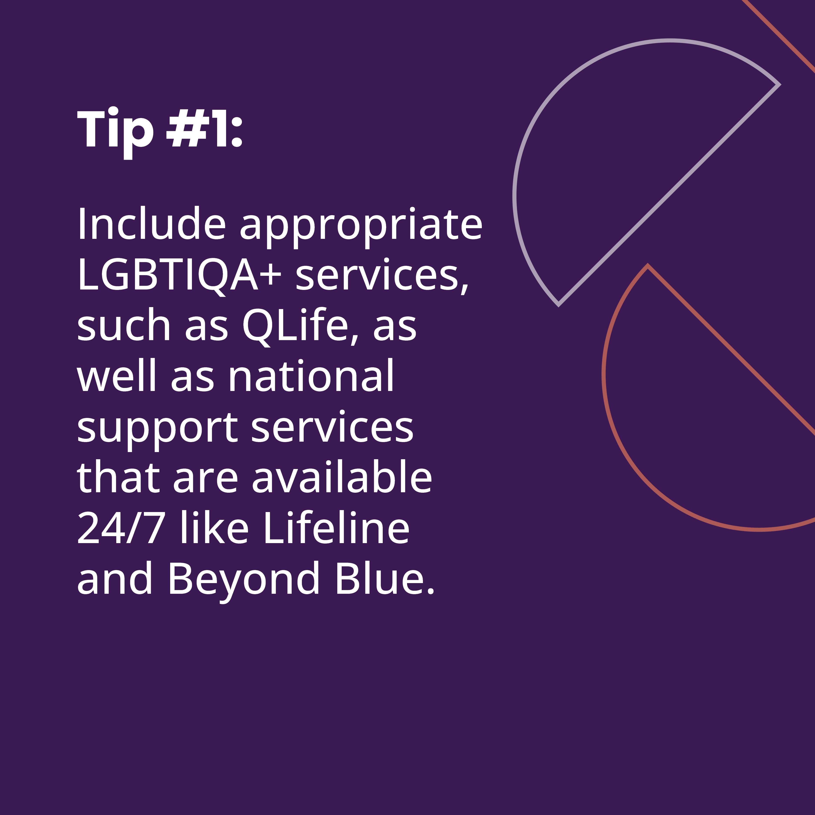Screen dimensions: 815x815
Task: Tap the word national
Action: pos(311,375)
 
